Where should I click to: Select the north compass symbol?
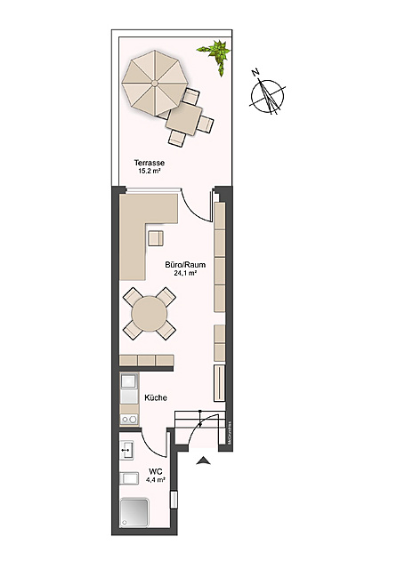[x=268, y=94]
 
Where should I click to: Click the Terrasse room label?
[x=150, y=163]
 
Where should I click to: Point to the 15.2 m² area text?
[x=150, y=171]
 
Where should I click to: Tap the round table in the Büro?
[x=150, y=314]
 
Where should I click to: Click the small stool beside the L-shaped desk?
[x=157, y=237]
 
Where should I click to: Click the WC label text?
[x=155, y=470]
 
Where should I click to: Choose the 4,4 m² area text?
[x=155, y=479]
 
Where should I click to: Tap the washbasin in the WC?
[x=126, y=451]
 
